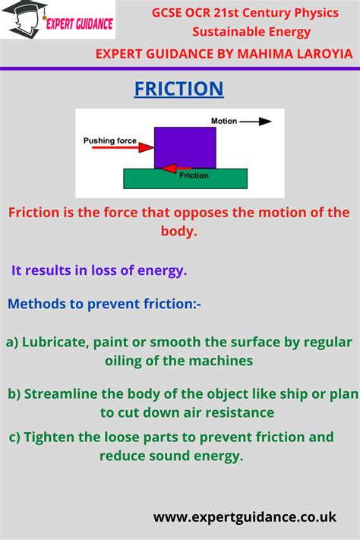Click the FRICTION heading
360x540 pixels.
179,89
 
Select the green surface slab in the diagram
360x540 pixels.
185,178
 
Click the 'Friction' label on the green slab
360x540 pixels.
194,176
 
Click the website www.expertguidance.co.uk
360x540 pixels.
245,516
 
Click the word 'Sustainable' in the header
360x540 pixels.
223,32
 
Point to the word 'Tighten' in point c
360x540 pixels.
51,437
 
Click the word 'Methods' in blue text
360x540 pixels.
33,304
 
